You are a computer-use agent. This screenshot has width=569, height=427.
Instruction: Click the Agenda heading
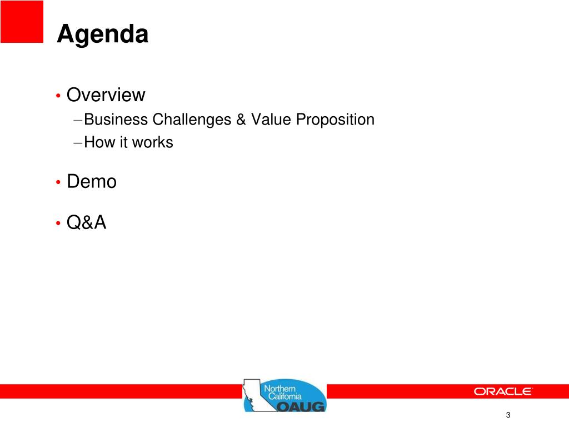coord(103,34)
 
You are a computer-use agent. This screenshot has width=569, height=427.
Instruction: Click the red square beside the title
coord(22,22)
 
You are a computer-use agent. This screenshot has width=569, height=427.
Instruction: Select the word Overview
coord(106,95)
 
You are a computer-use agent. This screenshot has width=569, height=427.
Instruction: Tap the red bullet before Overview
coord(58,96)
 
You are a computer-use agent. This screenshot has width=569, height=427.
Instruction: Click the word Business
coord(116,120)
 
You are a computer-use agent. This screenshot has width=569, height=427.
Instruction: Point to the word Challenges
coord(192,120)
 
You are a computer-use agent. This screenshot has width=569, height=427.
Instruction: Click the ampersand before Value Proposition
coord(241,120)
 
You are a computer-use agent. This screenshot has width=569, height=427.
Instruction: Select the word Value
coord(271,120)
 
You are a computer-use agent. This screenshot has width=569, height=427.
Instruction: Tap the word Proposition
coord(335,120)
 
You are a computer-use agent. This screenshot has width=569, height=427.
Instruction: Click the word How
coord(99,142)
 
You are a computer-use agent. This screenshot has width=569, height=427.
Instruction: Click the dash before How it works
coord(78,143)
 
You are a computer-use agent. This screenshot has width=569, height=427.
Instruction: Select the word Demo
coord(92,181)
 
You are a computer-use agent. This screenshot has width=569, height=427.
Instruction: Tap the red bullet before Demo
coord(58,182)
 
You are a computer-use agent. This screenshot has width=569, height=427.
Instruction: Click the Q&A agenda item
coord(86,222)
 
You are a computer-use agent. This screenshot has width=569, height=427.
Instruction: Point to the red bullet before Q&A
coord(58,223)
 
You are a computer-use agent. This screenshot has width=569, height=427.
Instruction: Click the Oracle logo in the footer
coord(503,391)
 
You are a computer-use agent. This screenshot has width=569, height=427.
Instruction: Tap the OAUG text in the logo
coord(301,406)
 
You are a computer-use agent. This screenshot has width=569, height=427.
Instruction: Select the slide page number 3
coord(508,415)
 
